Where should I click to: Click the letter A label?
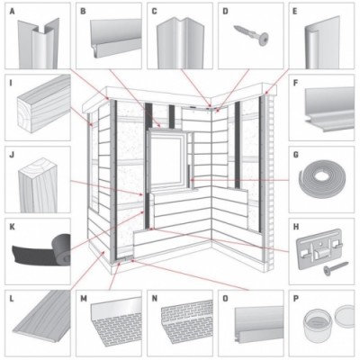(12, 12)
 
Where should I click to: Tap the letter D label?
(225, 12)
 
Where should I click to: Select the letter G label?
(296, 155)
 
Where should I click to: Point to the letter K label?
(12, 227)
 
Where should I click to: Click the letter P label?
(296, 299)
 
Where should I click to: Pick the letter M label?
(84, 299)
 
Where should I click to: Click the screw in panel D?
(251, 33)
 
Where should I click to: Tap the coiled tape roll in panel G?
(322, 182)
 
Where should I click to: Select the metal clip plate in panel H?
(319, 248)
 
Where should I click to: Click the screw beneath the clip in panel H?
(336, 268)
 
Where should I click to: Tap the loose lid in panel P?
(345, 316)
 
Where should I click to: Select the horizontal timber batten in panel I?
(44, 103)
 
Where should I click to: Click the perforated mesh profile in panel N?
(187, 318)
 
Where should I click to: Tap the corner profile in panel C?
(180, 42)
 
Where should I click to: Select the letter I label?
(11, 83)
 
